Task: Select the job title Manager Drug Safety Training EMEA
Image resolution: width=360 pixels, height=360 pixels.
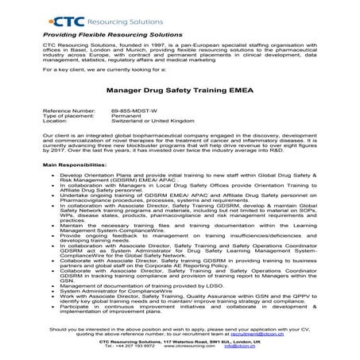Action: tap(179, 91)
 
